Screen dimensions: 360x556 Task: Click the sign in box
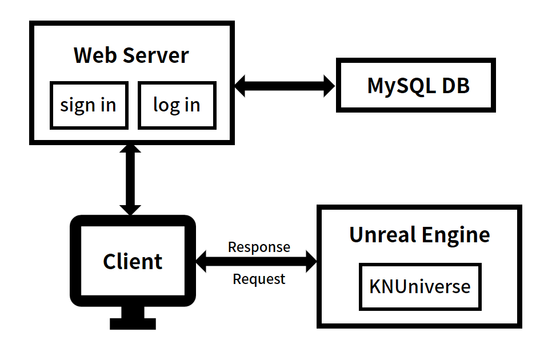pyautogui.click(x=89, y=105)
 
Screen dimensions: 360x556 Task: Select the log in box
pyautogui.click(x=177, y=105)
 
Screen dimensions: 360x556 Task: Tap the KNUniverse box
pyautogui.click(x=419, y=286)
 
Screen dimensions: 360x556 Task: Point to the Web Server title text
pyautogui.click(x=131, y=55)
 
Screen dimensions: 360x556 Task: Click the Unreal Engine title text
pyautogui.click(x=419, y=235)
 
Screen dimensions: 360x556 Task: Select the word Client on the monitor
pyautogui.click(x=133, y=262)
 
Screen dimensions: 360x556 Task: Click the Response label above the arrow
pyautogui.click(x=259, y=247)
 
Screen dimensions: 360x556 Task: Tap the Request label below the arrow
pyautogui.click(x=259, y=279)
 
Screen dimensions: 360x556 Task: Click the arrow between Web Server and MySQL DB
pyautogui.click(x=285, y=86)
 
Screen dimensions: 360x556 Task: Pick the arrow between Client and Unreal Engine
pyautogui.click(x=256, y=263)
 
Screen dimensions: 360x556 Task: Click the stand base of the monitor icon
pyautogui.click(x=133, y=323)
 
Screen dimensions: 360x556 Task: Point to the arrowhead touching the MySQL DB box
pyautogui.click(x=328, y=86)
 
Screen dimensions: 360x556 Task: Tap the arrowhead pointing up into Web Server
pyautogui.click(x=131, y=151)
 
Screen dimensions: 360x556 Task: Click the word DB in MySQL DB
pyautogui.click(x=455, y=85)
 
